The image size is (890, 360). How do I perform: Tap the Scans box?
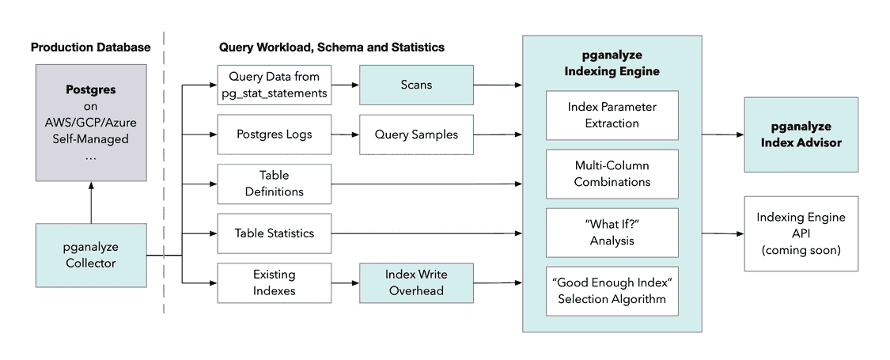point(417,84)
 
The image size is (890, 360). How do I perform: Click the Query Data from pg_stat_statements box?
point(274,84)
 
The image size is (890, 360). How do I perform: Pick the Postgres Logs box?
point(274,135)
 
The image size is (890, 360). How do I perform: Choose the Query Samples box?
point(417,135)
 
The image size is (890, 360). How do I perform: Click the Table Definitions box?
point(274,184)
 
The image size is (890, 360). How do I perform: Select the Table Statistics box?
point(274,233)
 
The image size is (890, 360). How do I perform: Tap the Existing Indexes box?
point(274,282)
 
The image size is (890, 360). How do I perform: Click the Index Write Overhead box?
point(417,282)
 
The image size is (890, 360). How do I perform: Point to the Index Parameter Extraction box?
point(612,115)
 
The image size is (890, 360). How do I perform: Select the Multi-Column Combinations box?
point(612,173)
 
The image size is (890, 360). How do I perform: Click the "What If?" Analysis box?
point(612,233)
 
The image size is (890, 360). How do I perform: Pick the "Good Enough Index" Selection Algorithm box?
point(612,291)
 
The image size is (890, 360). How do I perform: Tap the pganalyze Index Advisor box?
point(801,135)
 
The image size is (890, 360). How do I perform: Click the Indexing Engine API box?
point(801,233)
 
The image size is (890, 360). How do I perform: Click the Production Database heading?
point(90,47)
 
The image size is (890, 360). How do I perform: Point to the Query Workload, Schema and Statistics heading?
point(331,47)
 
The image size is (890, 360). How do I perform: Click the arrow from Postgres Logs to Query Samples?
point(345,135)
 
